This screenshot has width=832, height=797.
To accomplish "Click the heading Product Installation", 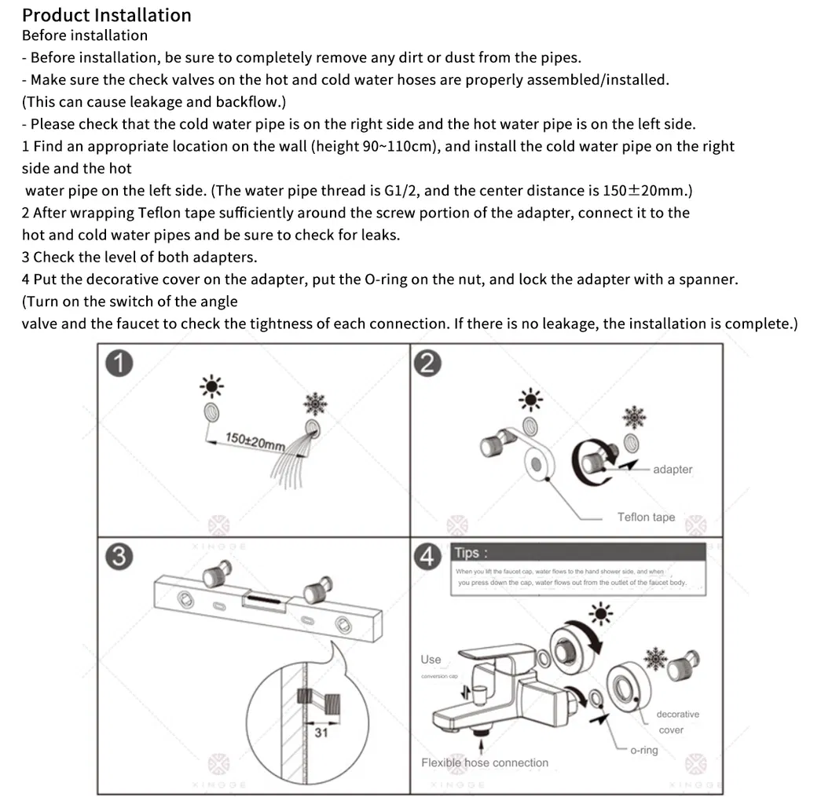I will click(x=106, y=15).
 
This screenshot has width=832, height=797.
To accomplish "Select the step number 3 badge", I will click(x=118, y=556).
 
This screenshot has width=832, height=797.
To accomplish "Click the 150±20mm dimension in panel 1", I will click(x=255, y=441).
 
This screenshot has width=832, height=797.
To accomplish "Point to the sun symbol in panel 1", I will click(x=211, y=386).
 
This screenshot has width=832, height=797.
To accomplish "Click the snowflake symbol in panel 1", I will click(x=315, y=404).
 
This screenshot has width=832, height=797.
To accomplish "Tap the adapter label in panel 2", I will click(x=673, y=470).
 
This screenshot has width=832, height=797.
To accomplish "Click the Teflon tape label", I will click(x=646, y=517).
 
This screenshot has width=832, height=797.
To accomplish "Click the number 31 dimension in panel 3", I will click(x=321, y=733).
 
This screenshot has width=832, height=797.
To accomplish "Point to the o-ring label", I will click(x=643, y=750).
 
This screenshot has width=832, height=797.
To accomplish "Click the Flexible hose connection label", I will click(x=485, y=762).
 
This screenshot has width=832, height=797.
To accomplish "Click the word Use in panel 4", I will click(x=431, y=660).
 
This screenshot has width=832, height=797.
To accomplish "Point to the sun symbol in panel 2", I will click(x=533, y=400).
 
